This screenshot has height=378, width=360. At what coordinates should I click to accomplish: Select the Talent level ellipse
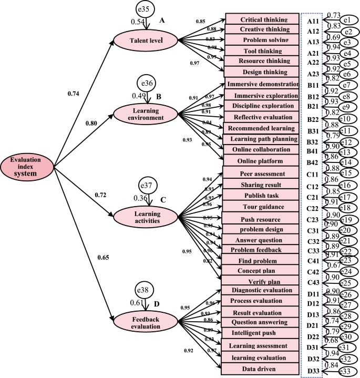pyautogui.click(x=147, y=40)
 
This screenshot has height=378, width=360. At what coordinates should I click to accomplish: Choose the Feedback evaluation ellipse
pyautogui.click(x=147, y=322)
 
